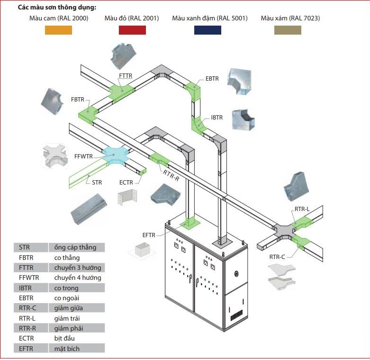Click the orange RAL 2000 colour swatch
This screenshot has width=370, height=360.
58,30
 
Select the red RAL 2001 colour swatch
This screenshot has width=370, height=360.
132,30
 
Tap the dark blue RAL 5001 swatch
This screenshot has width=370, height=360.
208,30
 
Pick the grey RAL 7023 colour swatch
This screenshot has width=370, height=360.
288,30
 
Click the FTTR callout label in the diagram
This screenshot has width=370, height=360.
126,76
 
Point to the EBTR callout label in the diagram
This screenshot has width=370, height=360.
212,79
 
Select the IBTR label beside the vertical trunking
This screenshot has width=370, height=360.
217,118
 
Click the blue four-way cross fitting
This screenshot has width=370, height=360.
115,155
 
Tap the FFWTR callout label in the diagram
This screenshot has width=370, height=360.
83,157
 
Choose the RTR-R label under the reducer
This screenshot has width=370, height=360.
171,176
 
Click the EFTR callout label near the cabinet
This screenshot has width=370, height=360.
149,235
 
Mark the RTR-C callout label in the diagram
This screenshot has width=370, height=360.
277,257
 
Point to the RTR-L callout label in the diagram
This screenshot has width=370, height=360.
302,209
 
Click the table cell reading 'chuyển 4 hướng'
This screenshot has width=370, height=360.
78,278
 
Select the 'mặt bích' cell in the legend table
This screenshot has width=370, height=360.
67,349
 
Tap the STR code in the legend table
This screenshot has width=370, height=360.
24,247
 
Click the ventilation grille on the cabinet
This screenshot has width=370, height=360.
236,315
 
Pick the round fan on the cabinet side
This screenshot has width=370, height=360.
236,274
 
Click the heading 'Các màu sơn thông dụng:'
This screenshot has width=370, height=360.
57,7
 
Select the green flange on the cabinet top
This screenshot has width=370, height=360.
190,223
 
